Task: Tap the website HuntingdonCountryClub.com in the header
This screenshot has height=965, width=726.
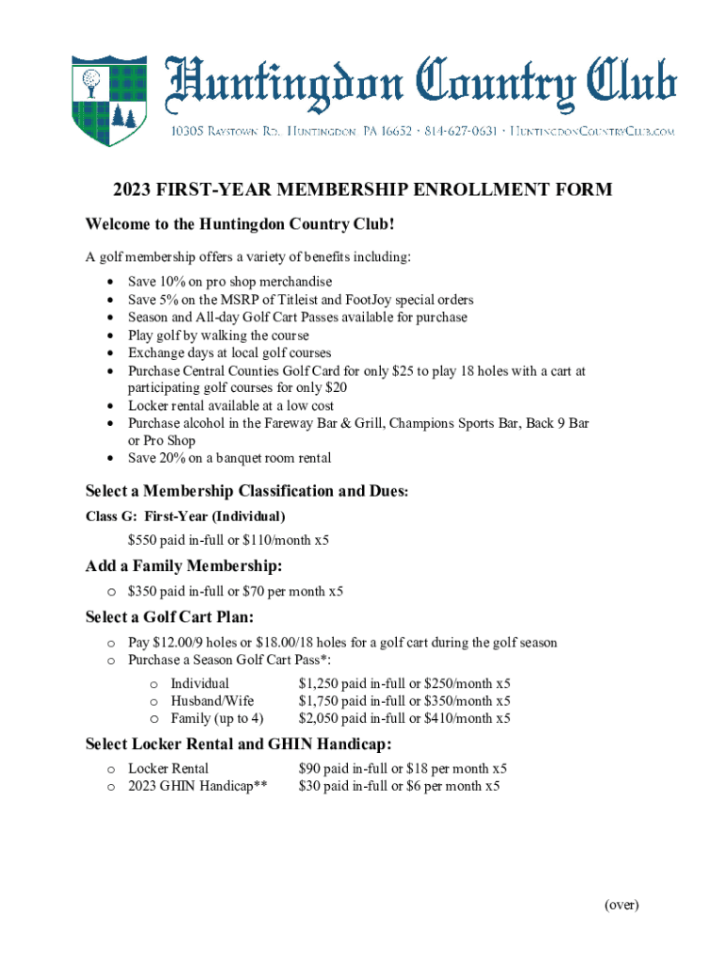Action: (593, 132)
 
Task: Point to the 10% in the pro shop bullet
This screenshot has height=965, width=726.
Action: (175, 282)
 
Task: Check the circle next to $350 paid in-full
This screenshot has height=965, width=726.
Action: (111, 592)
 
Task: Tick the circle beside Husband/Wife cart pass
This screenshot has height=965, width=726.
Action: (154, 701)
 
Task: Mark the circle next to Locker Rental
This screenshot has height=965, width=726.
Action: (111, 769)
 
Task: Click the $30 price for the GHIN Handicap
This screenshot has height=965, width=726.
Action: (308, 786)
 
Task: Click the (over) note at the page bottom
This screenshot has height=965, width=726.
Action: (621, 905)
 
